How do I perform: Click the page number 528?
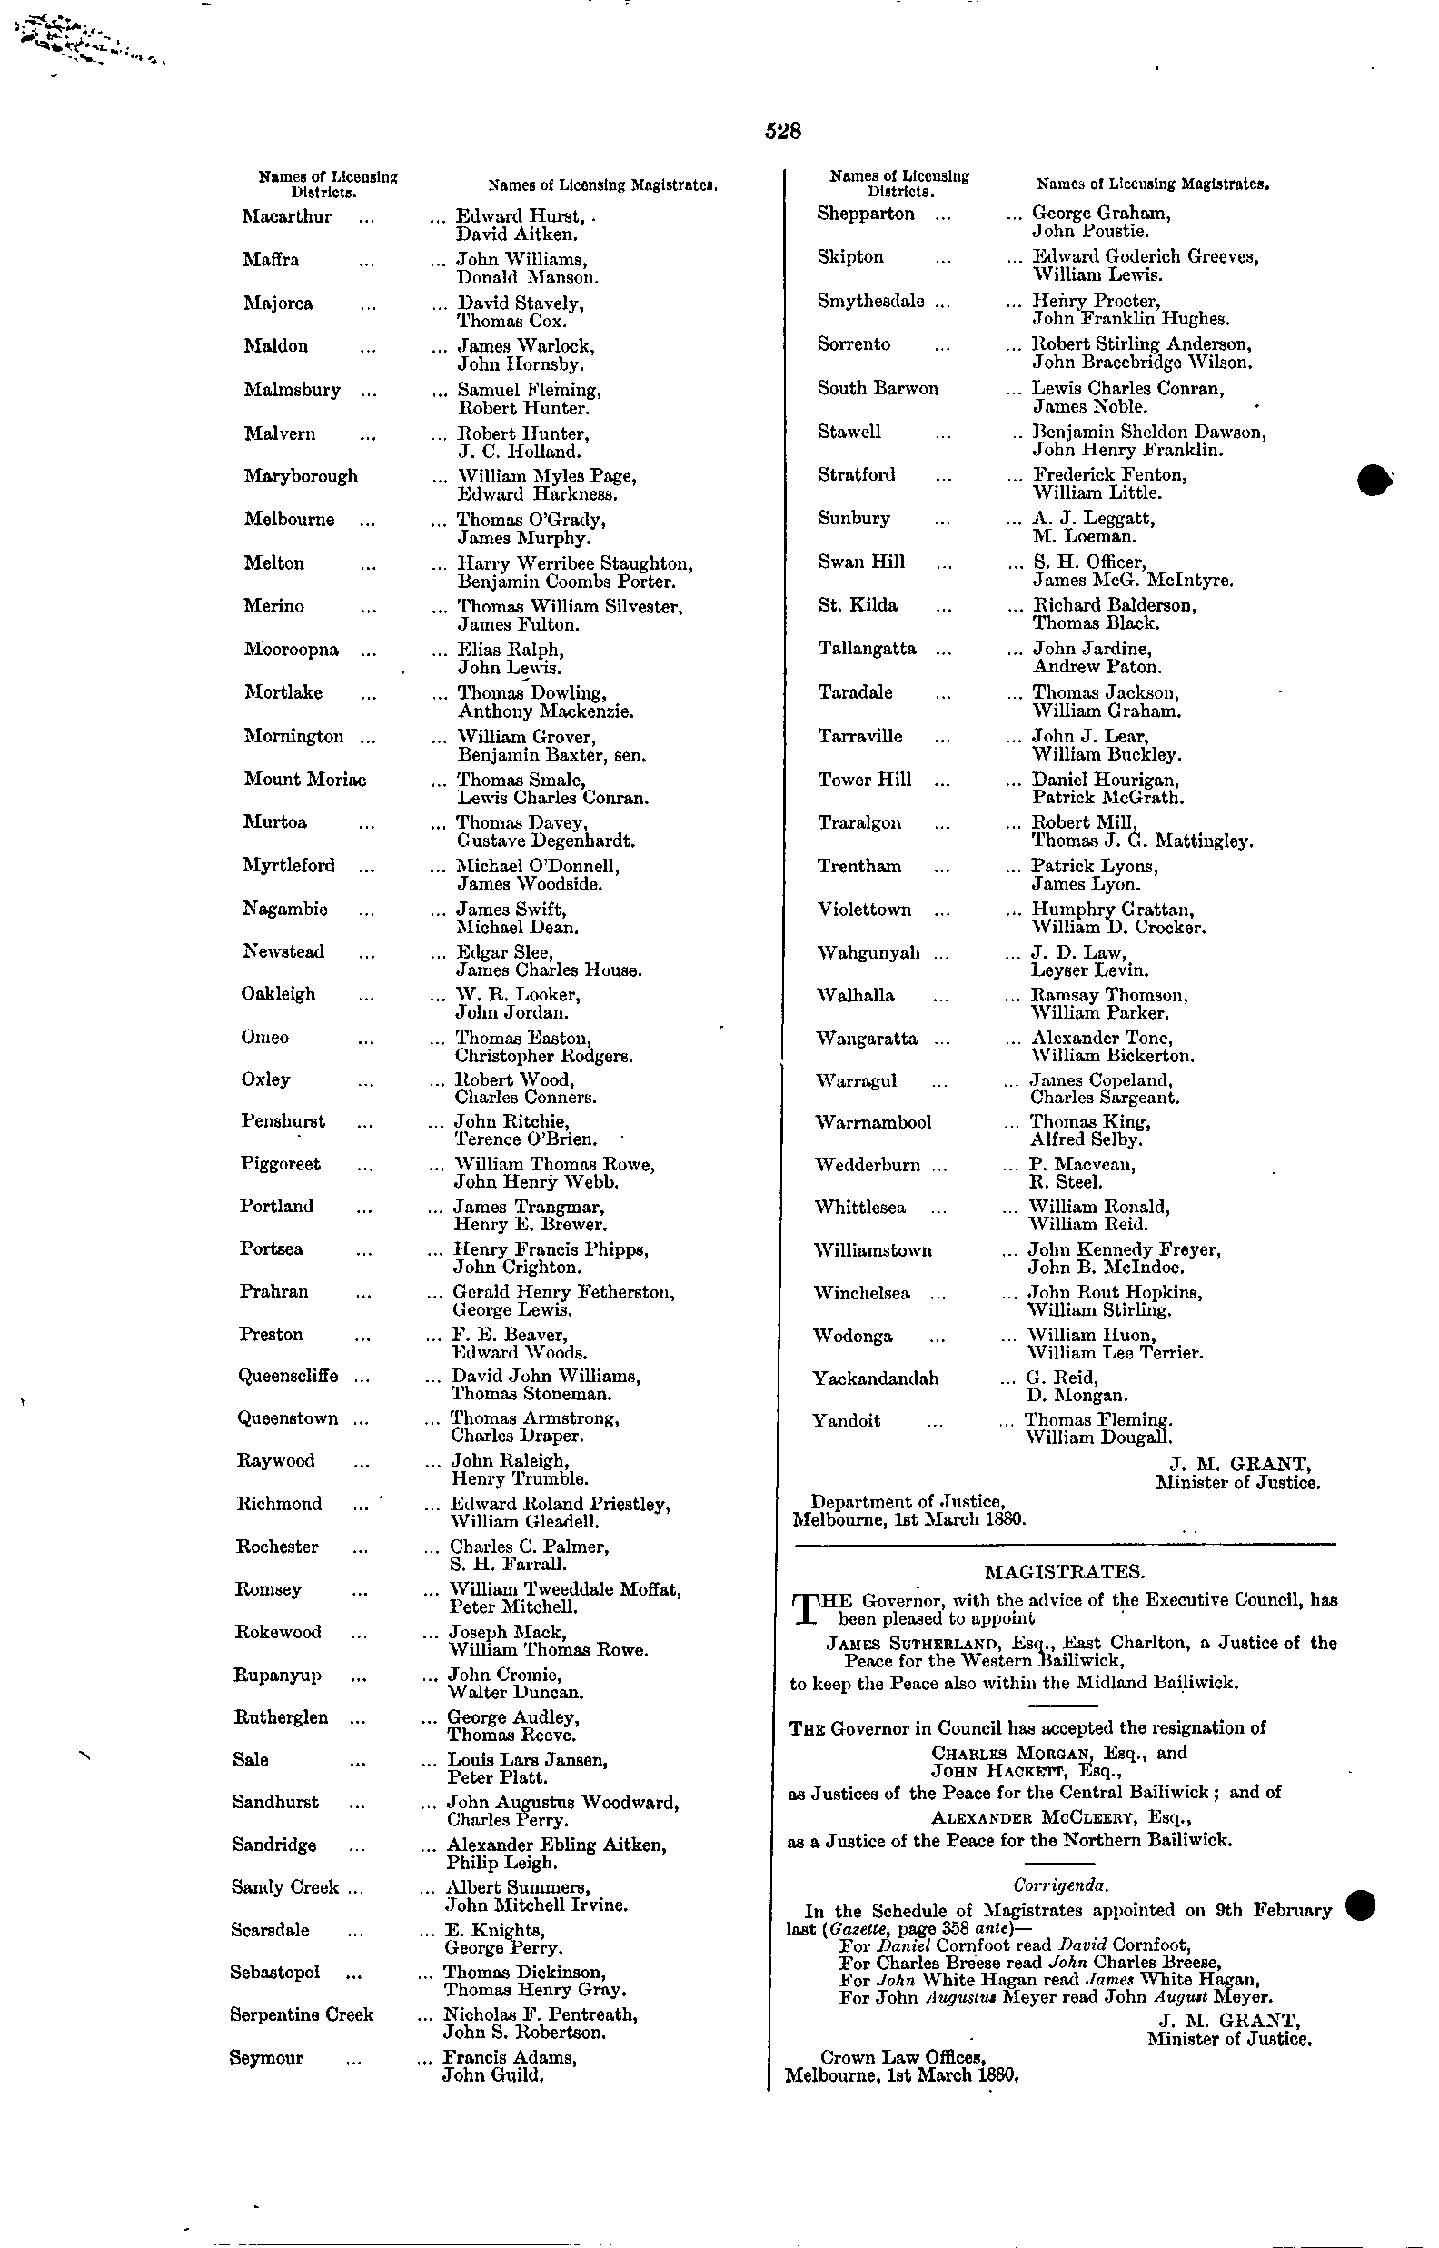coord(783,132)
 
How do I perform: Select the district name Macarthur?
coord(287,217)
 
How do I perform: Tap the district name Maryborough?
coord(301,476)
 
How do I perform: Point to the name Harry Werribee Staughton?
coord(575,564)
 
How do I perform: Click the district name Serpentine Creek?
coord(301,2015)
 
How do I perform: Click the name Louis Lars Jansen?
coord(528,1760)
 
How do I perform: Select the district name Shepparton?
coord(865,214)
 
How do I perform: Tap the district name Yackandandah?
coord(876,1378)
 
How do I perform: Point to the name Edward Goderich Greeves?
coord(1145,257)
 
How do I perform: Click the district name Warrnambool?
coord(873,1122)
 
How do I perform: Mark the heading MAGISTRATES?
coord(1065,1572)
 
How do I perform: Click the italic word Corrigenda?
coord(1062,1886)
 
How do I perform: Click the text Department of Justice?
coord(908,1501)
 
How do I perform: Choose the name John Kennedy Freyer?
coord(1124,1250)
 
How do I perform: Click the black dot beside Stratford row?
coord(1374,478)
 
